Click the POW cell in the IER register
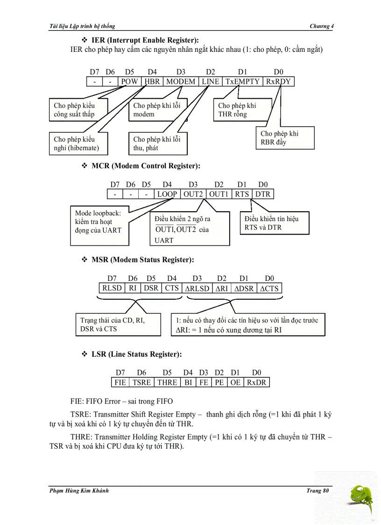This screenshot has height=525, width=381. tap(129, 81)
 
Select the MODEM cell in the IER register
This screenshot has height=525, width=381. tap(181, 81)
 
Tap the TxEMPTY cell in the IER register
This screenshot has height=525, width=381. tap(242, 81)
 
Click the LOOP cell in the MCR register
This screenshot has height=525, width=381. tap(167, 194)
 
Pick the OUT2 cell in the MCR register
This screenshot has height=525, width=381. tap(192, 194)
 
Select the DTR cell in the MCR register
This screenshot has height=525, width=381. tap(263, 194)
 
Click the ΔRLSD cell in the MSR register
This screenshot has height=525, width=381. tap(197, 288)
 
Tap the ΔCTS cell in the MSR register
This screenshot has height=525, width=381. tap(269, 288)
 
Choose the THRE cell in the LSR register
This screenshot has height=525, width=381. tap(167, 382)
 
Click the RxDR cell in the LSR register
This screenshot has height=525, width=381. tap(256, 382)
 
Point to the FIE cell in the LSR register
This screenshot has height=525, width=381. tap(120, 382)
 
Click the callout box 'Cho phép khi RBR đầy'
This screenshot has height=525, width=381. tap(285, 138)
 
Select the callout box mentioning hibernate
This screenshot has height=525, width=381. tap(78, 144)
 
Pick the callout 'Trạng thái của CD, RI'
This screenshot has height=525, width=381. tap(118, 324)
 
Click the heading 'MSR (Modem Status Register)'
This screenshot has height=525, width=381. tap(142, 259)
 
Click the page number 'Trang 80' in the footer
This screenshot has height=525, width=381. tap(317, 490)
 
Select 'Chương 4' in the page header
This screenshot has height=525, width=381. tap(321, 26)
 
